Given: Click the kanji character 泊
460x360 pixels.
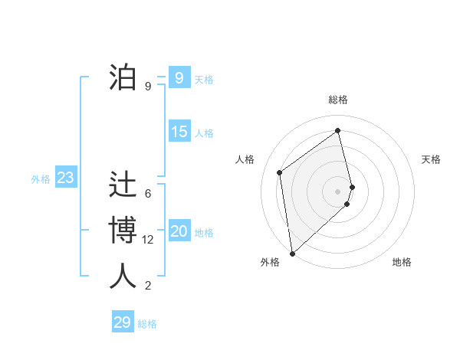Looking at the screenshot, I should point(123,77).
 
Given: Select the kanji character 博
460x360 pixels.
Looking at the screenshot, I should point(123,231).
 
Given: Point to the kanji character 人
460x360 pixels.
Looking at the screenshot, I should point(123,277).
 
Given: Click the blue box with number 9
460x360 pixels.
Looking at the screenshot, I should point(179,77).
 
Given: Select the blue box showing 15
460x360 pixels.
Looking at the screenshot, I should point(179,132).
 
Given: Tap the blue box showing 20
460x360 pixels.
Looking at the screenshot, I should point(179,231).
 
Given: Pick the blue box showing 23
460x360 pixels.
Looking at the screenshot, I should point(65,178).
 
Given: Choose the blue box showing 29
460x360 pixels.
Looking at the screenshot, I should point(123,322).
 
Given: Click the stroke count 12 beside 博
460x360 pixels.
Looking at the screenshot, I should point(148,240).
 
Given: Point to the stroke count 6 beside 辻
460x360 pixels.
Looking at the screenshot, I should point(148,194).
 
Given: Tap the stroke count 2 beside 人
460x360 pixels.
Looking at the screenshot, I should point(148,286).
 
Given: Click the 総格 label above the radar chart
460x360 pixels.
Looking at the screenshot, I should point(338,100).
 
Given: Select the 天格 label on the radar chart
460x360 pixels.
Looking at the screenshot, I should point(432,159).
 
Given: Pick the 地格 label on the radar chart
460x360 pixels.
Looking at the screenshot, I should point(402,262).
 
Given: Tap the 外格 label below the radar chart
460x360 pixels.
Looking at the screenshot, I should point(269,262).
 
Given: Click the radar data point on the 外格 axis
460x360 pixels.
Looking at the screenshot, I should point(292,253).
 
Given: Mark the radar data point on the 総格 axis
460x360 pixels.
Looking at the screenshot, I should point(338,131).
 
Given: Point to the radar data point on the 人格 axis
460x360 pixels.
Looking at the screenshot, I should point(280,172).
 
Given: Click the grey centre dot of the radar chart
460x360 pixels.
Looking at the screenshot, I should point(338,191).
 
